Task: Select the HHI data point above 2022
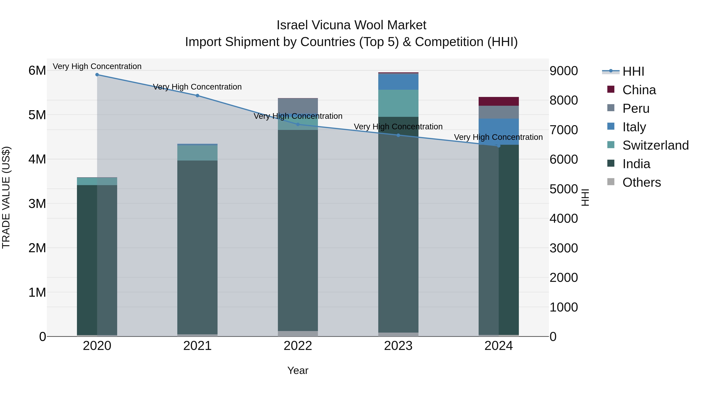[298, 124]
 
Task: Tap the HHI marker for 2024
[499, 146]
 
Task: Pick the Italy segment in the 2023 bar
[398, 82]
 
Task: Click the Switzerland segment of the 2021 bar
[197, 153]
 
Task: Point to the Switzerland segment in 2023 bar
[398, 103]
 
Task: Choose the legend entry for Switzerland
[655, 145]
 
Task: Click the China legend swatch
[611, 89]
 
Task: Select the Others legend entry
[641, 182]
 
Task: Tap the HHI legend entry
[633, 71]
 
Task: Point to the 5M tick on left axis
[37, 115]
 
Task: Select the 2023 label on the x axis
[398, 346]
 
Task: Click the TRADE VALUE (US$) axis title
[6, 197]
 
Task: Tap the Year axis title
[298, 370]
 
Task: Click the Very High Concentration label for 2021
[197, 87]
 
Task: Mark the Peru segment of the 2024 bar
[499, 112]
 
